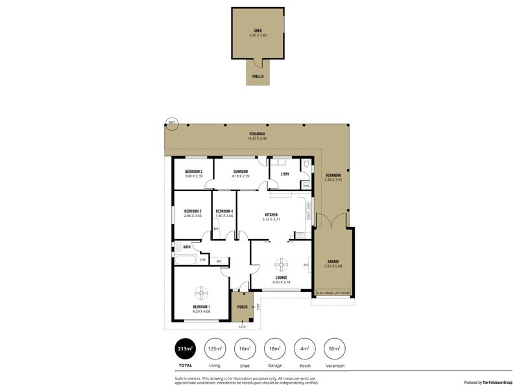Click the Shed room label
(258, 31)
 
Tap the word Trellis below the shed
(258, 76)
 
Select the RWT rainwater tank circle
(172, 122)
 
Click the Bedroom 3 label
(193, 172)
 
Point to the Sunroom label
(241, 172)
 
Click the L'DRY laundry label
(284, 174)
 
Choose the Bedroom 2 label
(193, 211)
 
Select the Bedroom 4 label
(224, 211)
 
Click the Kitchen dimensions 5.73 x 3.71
(271, 219)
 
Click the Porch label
(242, 307)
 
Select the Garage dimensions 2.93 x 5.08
(333, 266)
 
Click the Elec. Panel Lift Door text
(333, 292)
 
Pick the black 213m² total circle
(185, 349)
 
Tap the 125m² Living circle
(215, 349)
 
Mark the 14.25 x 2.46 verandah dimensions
(257, 138)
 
